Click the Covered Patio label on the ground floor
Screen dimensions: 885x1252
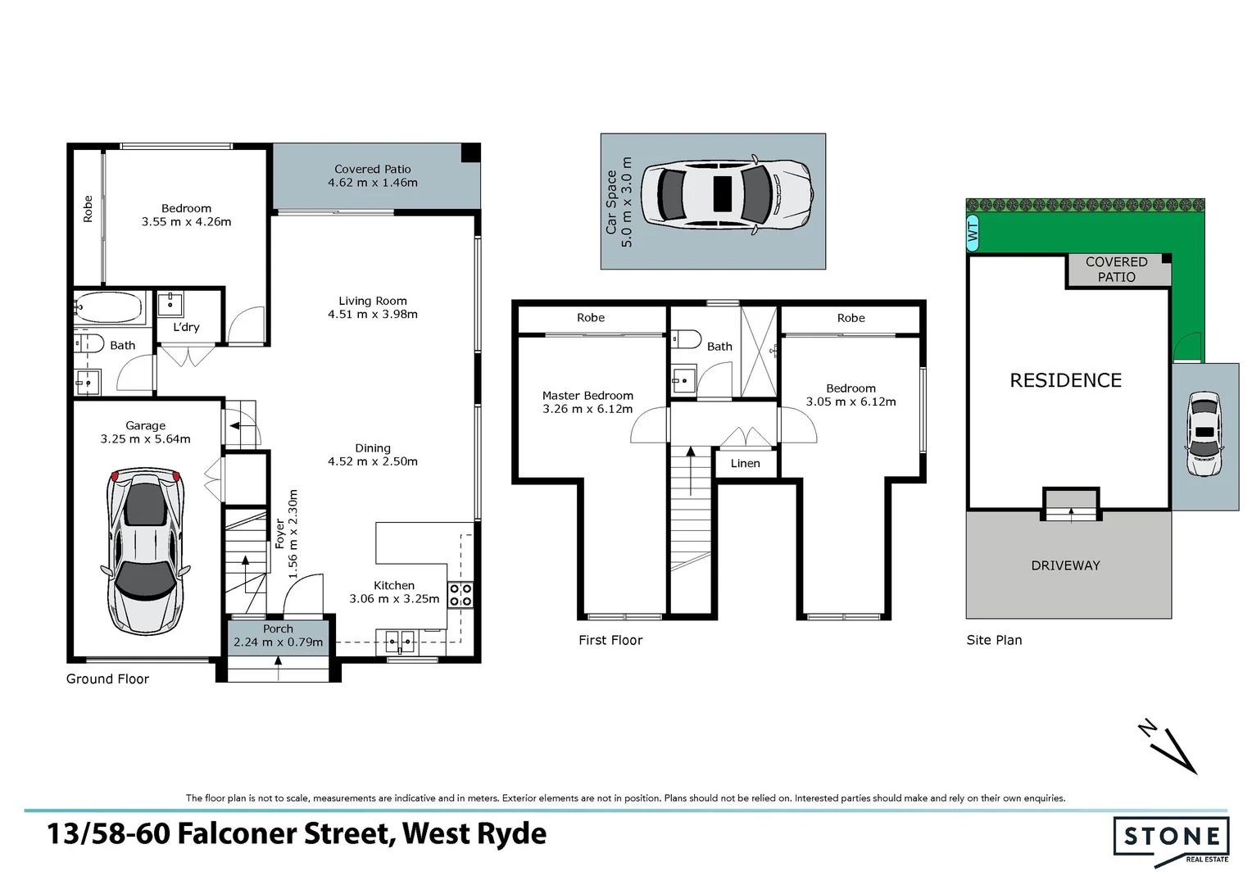tap(372, 169)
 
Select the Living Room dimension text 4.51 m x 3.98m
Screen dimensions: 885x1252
tap(372, 315)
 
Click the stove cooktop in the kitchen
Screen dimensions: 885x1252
tap(460, 595)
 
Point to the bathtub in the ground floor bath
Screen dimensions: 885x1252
tap(110, 309)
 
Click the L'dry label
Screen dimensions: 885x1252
tap(186, 327)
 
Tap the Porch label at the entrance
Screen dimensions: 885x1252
tap(278, 629)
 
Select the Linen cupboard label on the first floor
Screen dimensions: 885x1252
tap(745, 464)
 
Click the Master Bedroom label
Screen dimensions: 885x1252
tap(587, 395)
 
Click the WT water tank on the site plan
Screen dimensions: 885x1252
tap(973, 233)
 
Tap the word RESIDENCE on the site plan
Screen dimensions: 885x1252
tap(1065, 380)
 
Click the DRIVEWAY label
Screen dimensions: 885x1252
tap(1065, 565)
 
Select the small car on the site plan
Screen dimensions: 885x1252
tap(1204, 434)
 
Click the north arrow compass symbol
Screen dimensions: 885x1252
tap(1170, 746)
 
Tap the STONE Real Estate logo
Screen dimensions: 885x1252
tap(1171, 838)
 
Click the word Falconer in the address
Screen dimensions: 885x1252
tap(283, 833)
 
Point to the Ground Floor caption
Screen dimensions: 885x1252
tap(107, 679)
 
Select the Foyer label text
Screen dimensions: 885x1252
tap(279, 533)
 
